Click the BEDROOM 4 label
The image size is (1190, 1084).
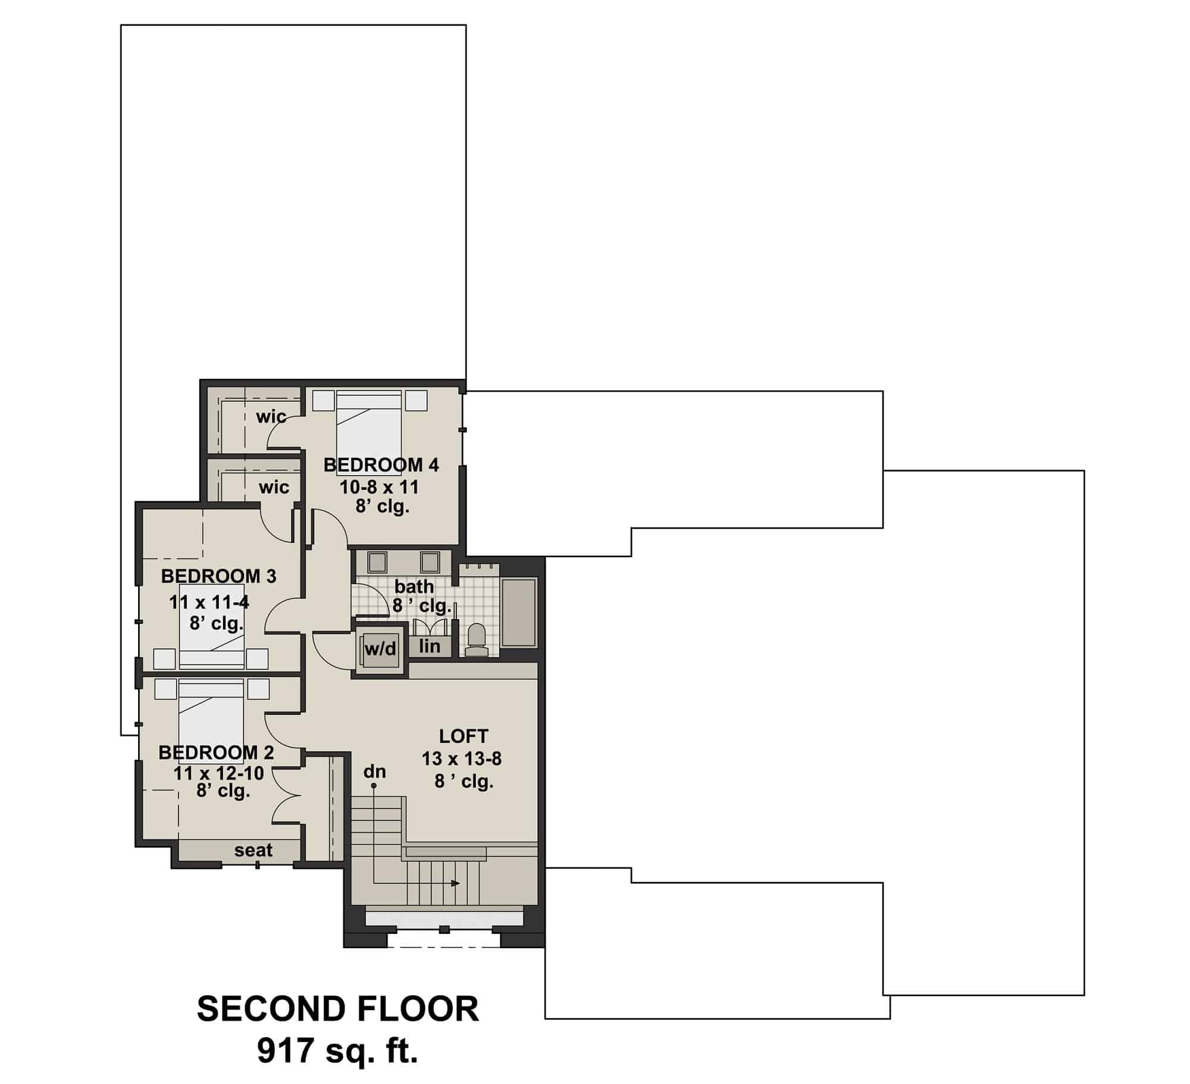[x=381, y=465]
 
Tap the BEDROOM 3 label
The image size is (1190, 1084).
[x=218, y=576]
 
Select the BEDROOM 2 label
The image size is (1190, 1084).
[x=216, y=752]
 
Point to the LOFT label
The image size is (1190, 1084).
[x=463, y=736]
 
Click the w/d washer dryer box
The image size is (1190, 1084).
[x=380, y=649]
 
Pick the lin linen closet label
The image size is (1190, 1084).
[x=429, y=646]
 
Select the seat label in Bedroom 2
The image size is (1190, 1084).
[x=253, y=850]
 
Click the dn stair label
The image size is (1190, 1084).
[x=375, y=771]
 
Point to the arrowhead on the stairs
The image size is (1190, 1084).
[x=455, y=883]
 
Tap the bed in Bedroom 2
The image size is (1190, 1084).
[x=211, y=720]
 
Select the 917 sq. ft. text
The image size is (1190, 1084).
[x=337, y=1051]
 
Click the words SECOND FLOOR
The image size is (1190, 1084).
[x=337, y=1009]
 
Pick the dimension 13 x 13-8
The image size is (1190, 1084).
[x=462, y=759]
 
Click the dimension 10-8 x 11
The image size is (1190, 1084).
[x=379, y=488]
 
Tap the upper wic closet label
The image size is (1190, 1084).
[x=271, y=416]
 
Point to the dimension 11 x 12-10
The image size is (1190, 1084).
[x=218, y=773]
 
